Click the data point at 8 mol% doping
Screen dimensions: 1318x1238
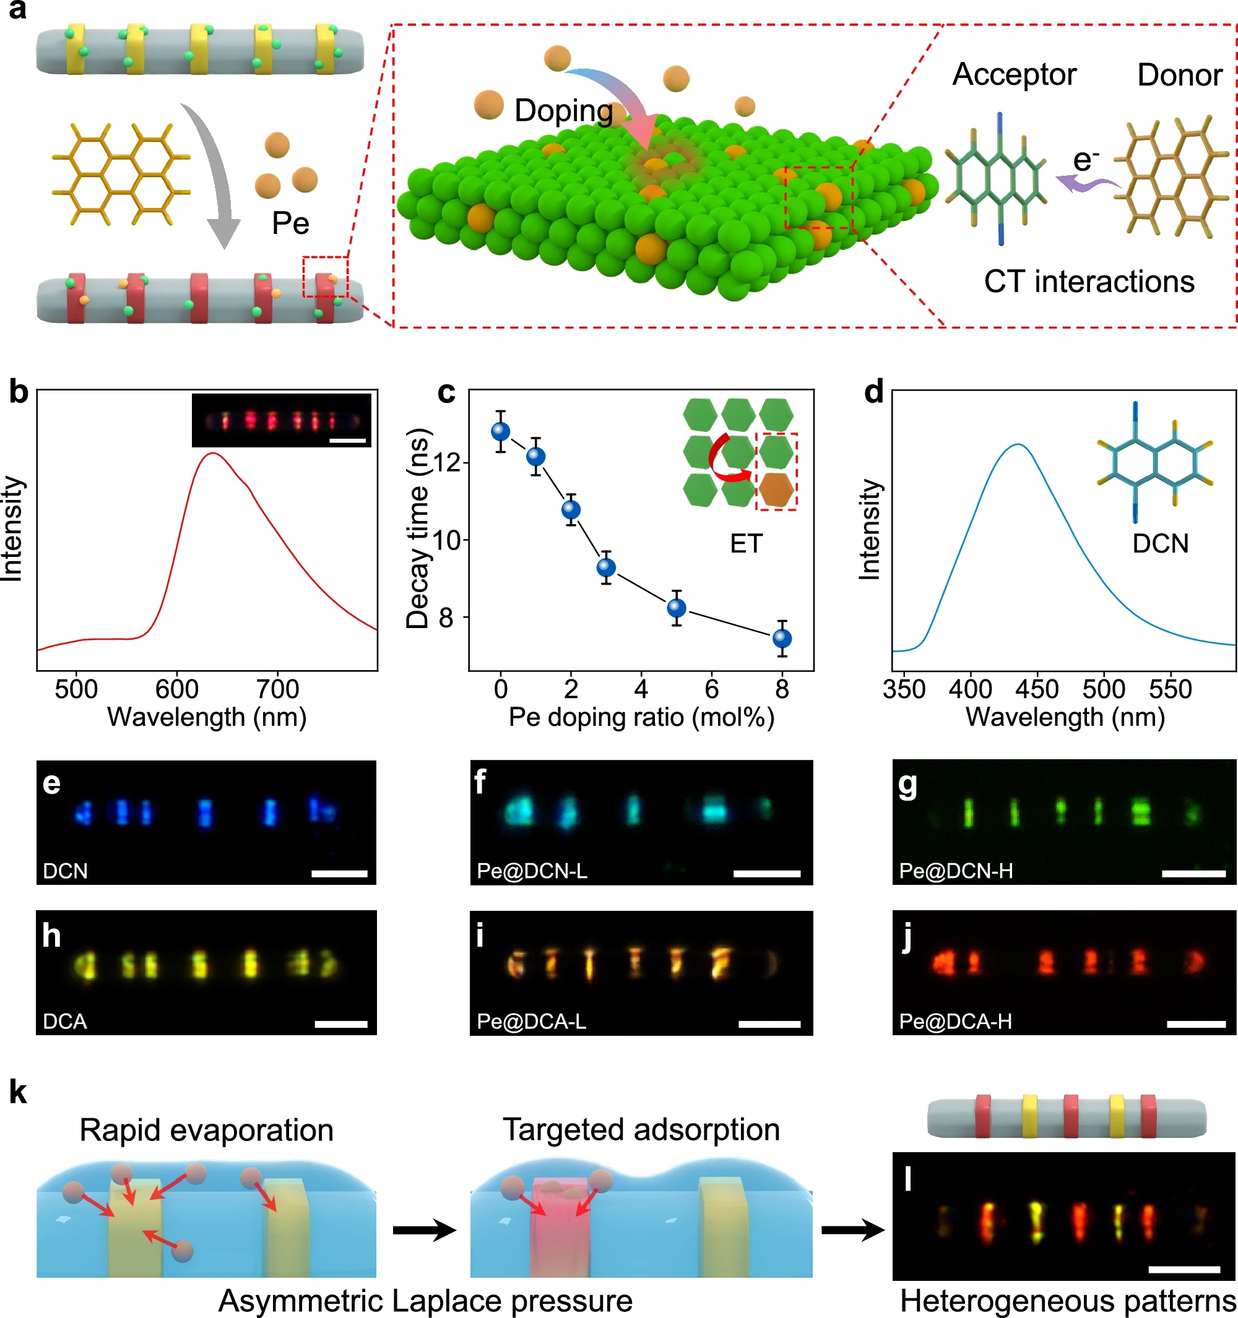coord(782,638)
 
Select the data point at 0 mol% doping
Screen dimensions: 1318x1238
coord(501,432)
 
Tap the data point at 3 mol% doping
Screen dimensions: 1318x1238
coord(605,567)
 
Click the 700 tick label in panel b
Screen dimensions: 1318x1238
coord(277,689)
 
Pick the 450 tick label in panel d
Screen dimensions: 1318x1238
coord(1036,689)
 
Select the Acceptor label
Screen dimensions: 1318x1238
coord(1014,75)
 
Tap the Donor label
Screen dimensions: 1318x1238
coord(1179,75)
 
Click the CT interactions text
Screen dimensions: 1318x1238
coord(1089,282)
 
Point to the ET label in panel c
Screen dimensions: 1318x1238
coord(746,545)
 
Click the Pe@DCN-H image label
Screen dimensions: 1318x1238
coord(956,871)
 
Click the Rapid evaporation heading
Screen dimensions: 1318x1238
coord(206,1131)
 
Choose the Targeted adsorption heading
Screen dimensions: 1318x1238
coord(641,1130)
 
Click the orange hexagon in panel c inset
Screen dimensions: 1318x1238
coord(776,490)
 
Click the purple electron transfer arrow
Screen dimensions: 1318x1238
coord(1088,185)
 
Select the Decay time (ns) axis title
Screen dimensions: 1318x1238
coord(418,528)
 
